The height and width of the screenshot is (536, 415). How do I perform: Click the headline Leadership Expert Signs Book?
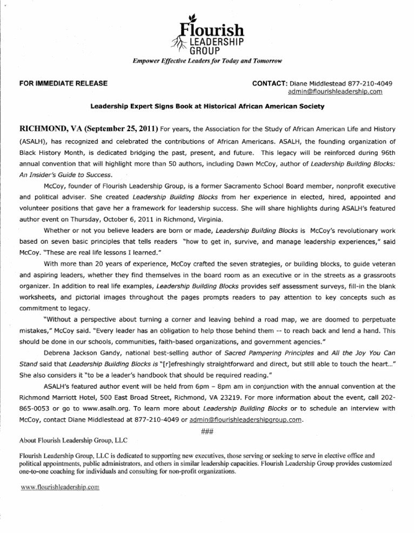pos(207,107)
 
